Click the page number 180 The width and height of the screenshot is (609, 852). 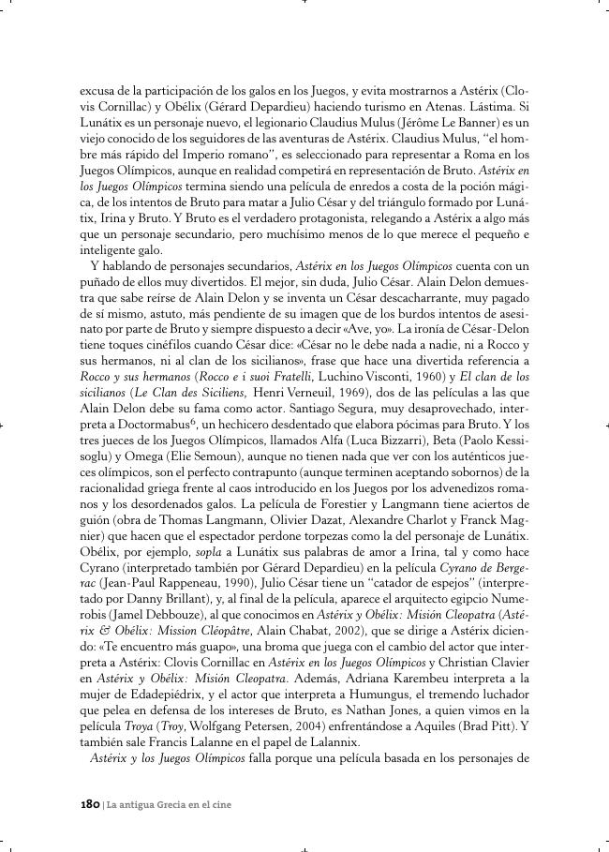pos(90,804)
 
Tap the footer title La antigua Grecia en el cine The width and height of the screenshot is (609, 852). pos(170,804)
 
